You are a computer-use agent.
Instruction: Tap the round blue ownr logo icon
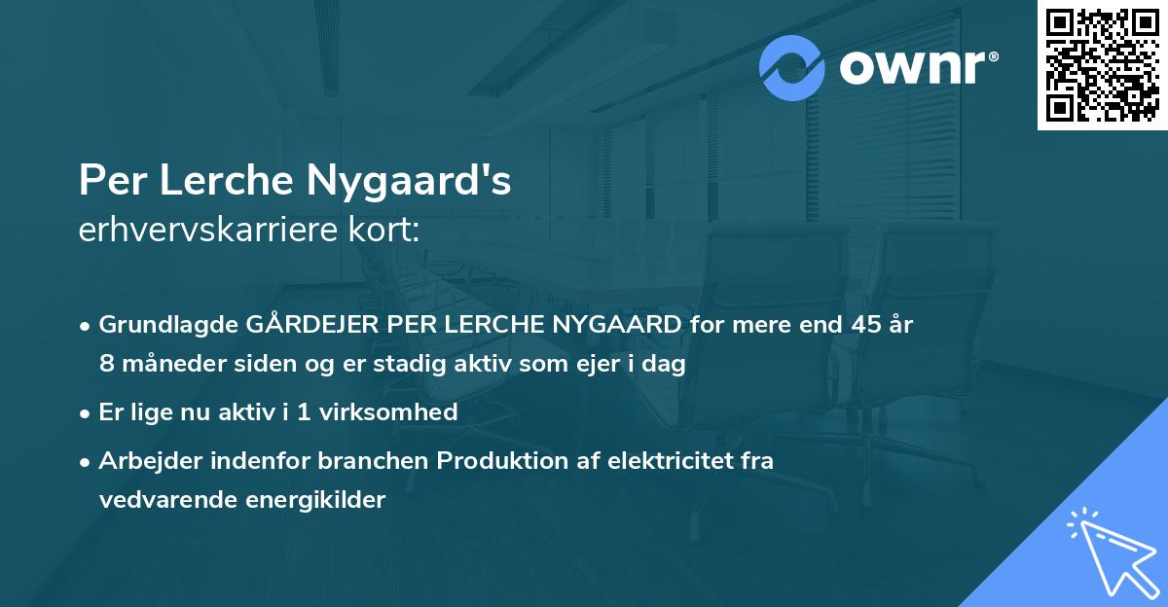click(x=792, y=68)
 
